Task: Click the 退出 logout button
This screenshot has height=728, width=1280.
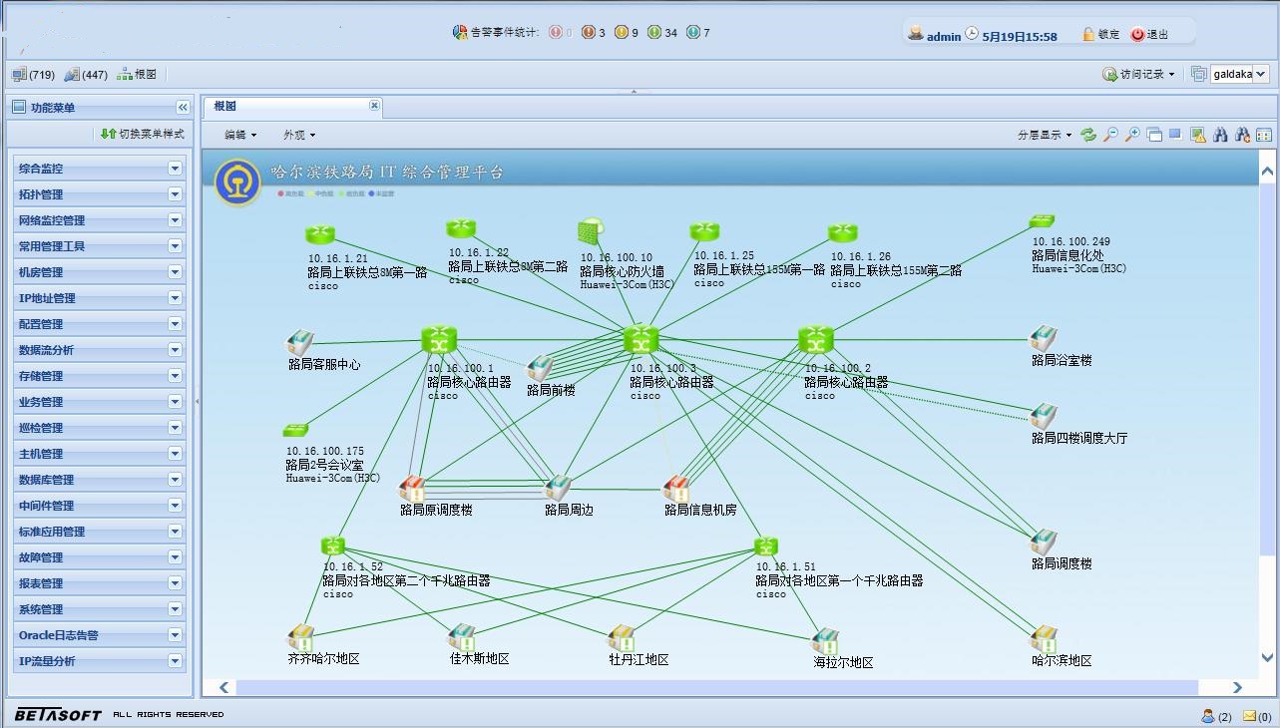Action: point(1149,35)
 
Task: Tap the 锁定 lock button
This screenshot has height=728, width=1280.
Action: point(1101,35)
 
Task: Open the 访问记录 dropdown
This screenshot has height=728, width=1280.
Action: point(1138,75)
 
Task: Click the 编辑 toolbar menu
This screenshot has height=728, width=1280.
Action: point(239,135)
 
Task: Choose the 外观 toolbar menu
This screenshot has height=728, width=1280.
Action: point(298,135)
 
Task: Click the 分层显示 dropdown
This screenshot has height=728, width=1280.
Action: point(1044,135)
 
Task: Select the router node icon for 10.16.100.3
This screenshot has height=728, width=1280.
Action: point(640,340)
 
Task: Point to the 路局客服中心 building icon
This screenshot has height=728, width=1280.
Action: point(299,343)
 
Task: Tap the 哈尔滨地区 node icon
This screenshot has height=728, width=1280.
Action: point(1044,637)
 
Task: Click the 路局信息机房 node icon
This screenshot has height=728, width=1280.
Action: point(676,488)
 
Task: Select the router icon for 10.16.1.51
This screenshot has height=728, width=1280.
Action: point(766,546)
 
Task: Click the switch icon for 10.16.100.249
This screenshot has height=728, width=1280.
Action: point(1042,221)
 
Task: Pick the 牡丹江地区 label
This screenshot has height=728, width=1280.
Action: point(639,660)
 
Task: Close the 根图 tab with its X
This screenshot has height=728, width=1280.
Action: point(374,106)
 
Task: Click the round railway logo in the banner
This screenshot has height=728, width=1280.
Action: point(237,182)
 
